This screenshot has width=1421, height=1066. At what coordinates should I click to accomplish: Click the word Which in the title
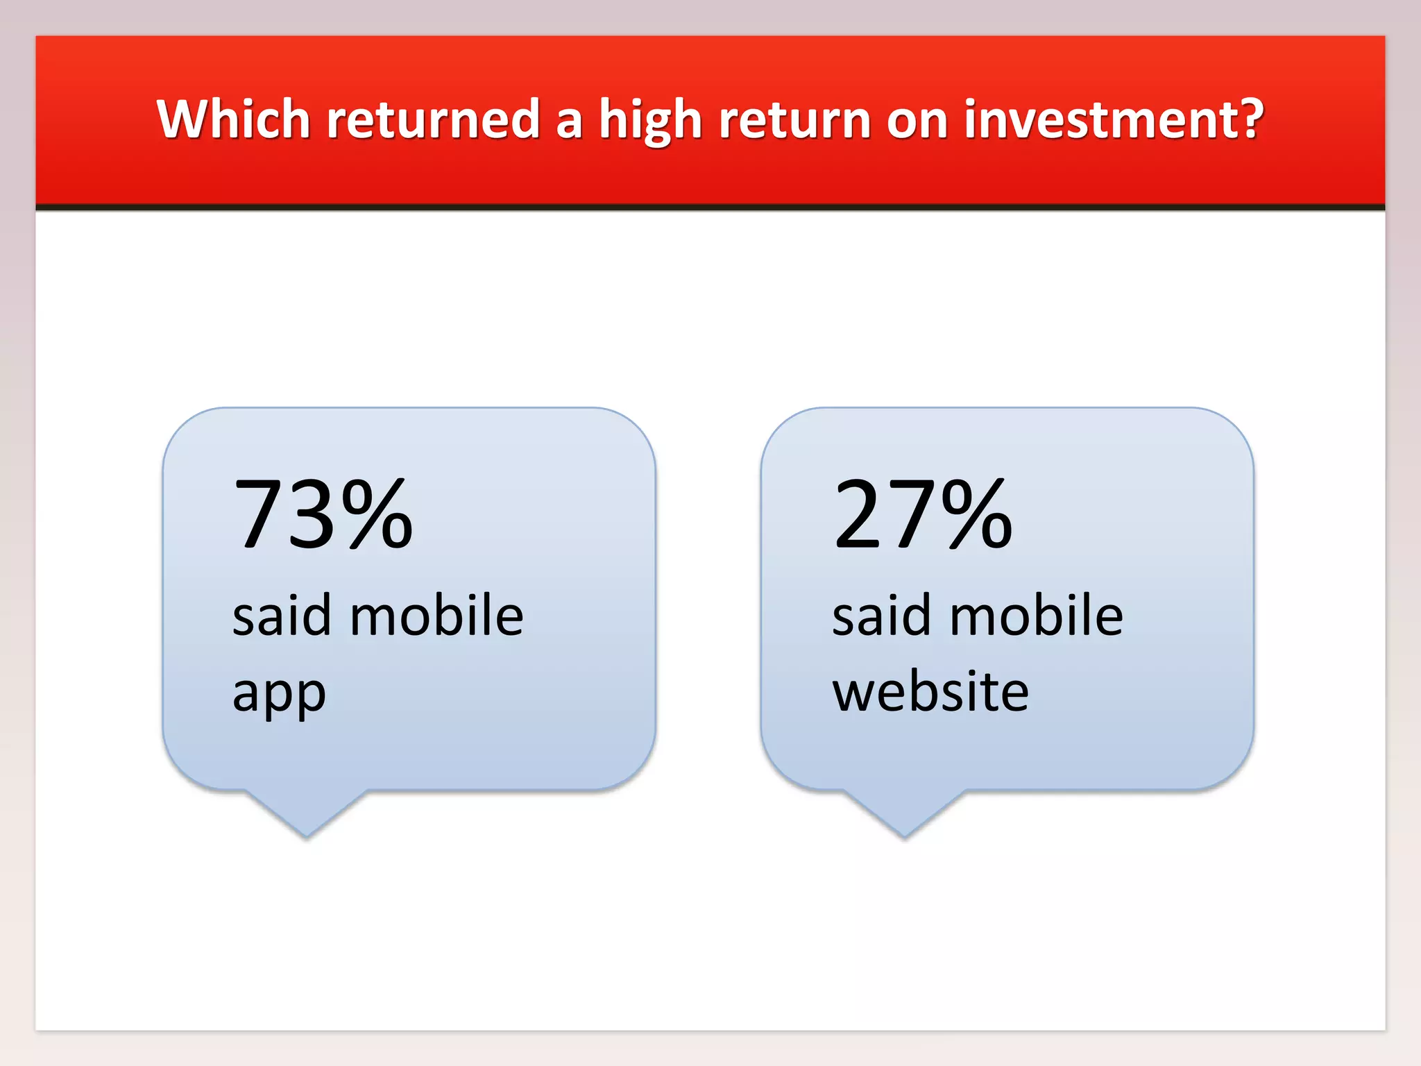tap(233, 119)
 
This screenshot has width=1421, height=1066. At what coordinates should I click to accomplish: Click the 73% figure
tap(323, 515)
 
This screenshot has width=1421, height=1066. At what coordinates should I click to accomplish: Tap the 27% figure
tap(923, 515)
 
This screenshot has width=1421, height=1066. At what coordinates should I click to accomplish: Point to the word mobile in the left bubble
tap(436, 616)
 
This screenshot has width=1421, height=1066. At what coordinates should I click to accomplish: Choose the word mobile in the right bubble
tap(1036, 616)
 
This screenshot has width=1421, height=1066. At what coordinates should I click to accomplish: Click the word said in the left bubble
tap(281, 616)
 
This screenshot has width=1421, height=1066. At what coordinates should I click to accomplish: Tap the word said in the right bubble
tap(880, 616)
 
